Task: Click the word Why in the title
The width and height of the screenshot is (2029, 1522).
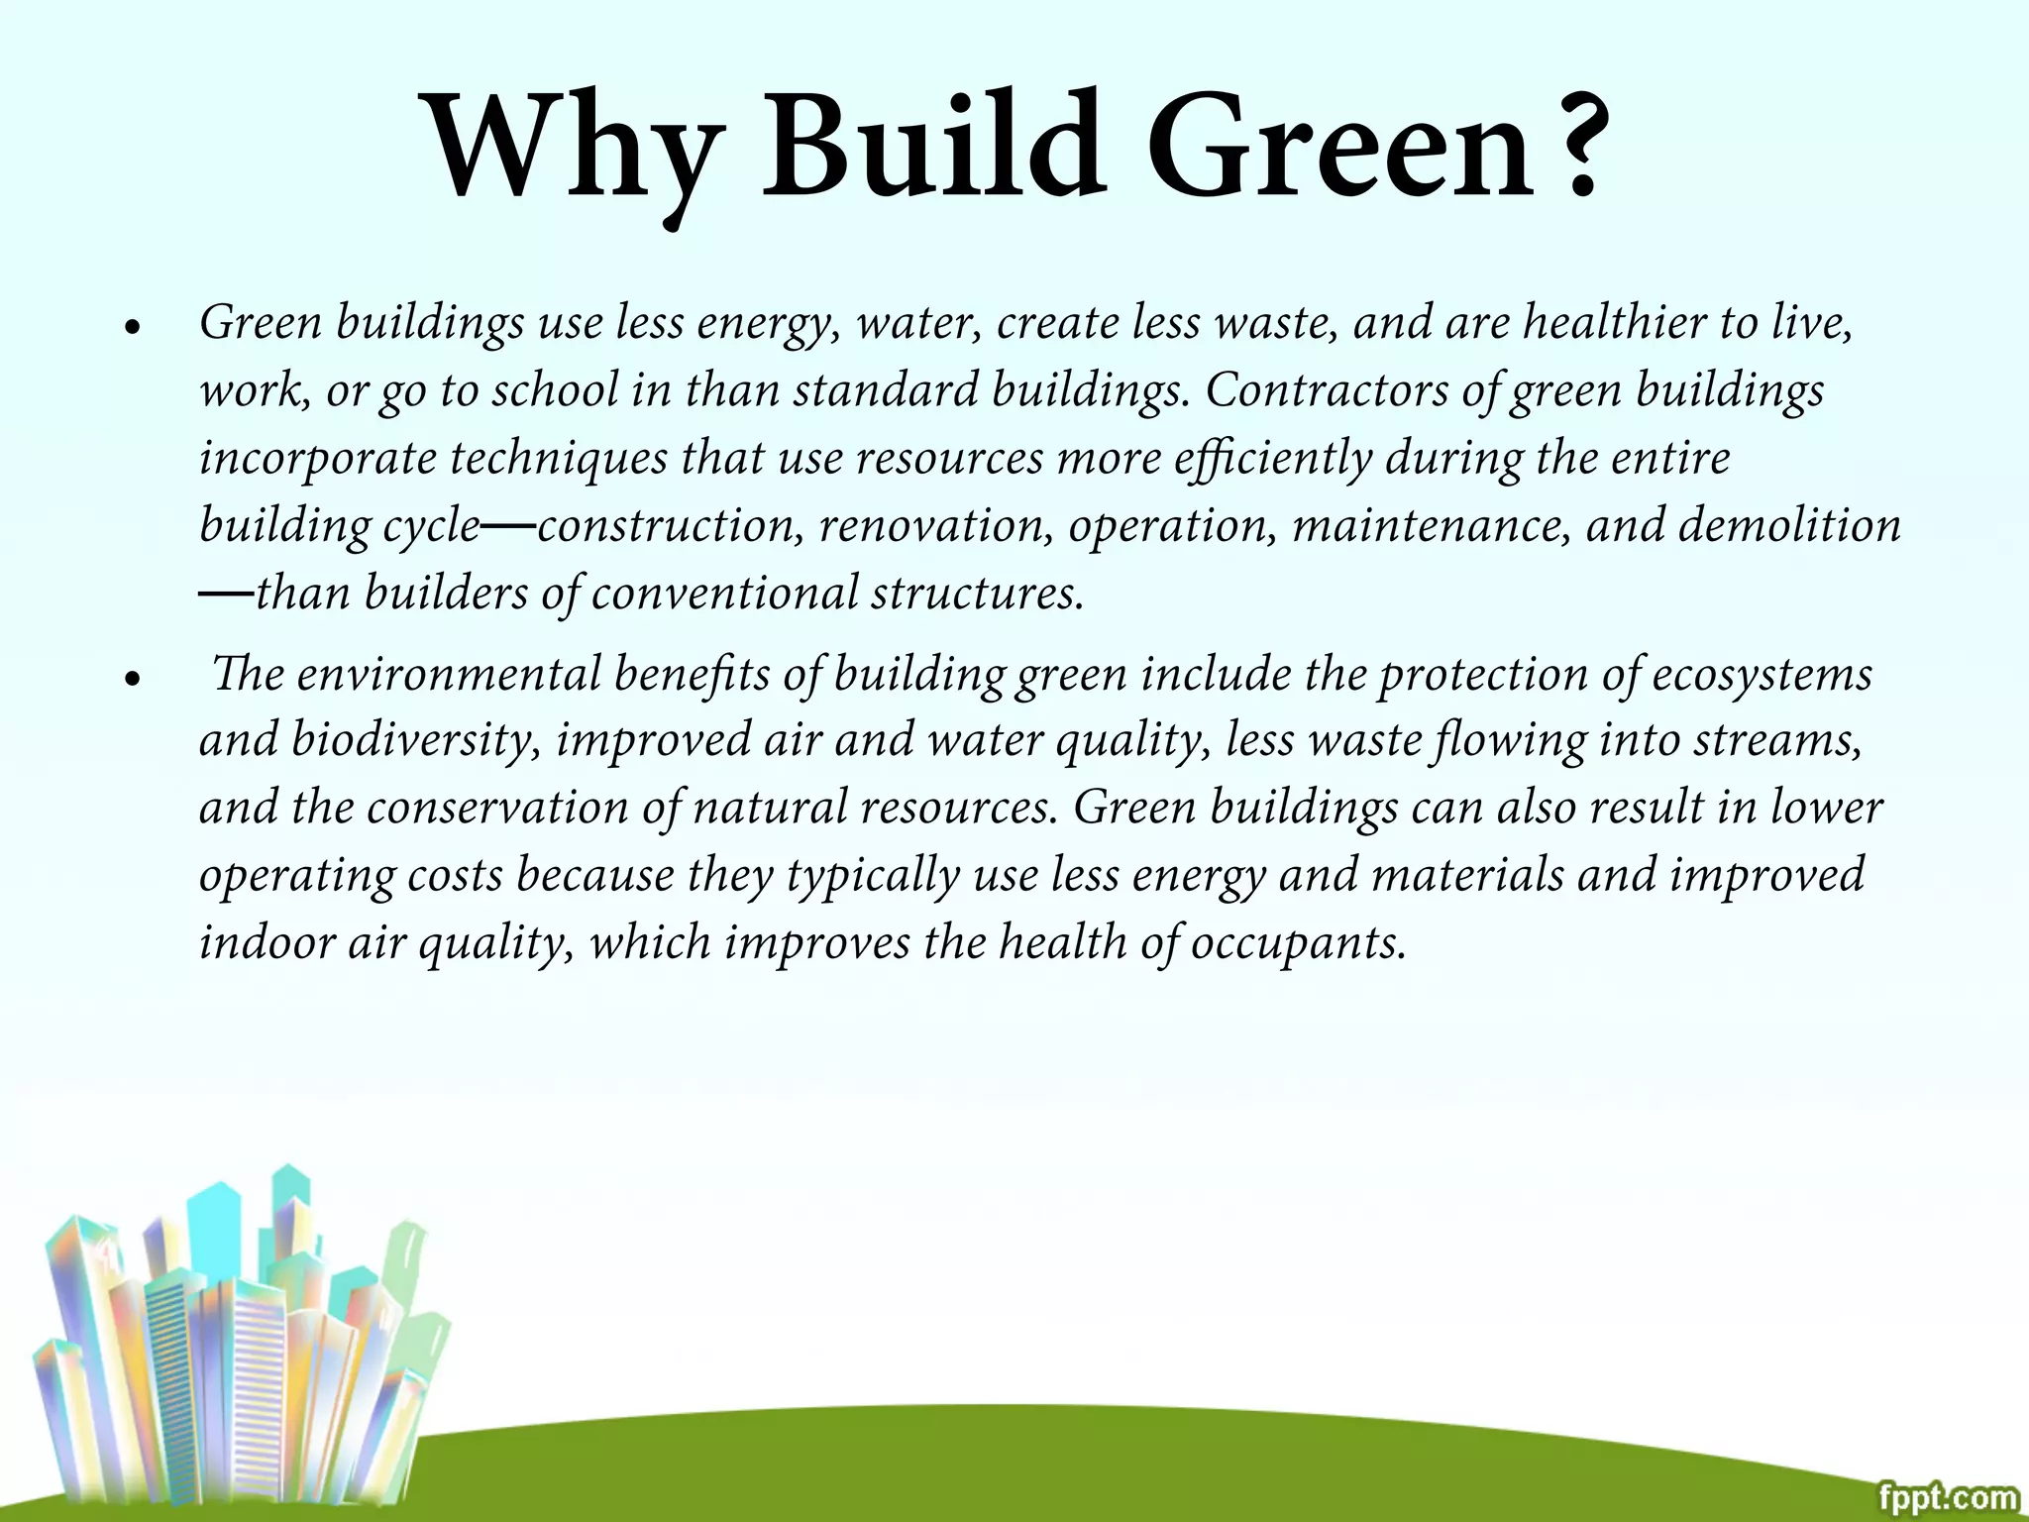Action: click(570, 149)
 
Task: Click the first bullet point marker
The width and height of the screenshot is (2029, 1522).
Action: click(131, 327)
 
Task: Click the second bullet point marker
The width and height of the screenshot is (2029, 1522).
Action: click(131, 679)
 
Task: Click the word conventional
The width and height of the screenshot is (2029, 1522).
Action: click(723, 594)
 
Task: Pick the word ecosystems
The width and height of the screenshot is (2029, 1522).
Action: click(1762, 675)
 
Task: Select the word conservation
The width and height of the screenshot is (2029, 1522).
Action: click(496, 808)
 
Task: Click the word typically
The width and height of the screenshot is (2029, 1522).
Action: click(873, 876)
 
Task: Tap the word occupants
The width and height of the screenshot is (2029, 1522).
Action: click(1297, 942)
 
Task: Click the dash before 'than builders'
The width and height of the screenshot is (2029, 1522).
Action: click(226, 593)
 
